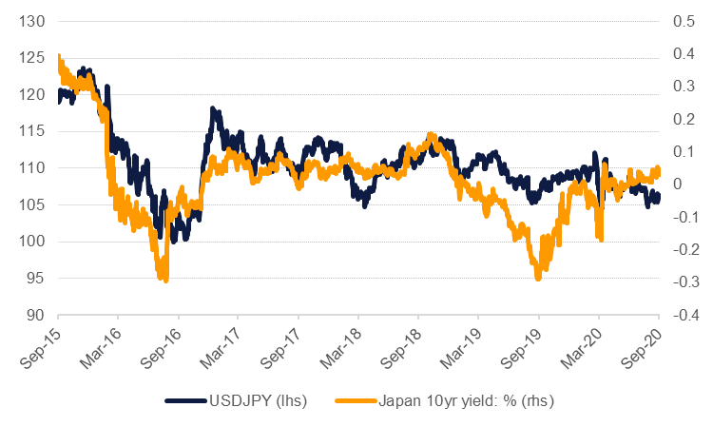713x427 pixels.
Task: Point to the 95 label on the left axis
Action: click(34, 279)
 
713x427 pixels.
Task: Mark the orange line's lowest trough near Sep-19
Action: click(538, 277)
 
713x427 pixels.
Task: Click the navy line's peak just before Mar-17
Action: click(214, 111)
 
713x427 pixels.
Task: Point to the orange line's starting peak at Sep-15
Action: click(60, 57)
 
